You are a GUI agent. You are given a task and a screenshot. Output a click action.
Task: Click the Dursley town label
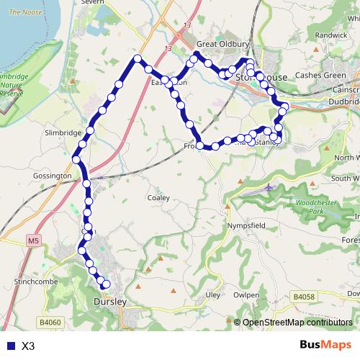click(110, 302)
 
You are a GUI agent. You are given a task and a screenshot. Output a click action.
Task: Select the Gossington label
click(53, 176)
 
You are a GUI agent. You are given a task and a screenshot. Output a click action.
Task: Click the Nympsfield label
click(247, 225)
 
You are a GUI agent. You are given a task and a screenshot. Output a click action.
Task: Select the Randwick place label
click(331, 35)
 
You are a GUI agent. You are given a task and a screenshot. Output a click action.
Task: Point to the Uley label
click(212, 295)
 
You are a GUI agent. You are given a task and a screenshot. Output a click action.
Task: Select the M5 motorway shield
click(35, 238)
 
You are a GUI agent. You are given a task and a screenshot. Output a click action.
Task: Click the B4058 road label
click(305, 296)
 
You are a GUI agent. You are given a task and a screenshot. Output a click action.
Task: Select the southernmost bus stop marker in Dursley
click(106, 284)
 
